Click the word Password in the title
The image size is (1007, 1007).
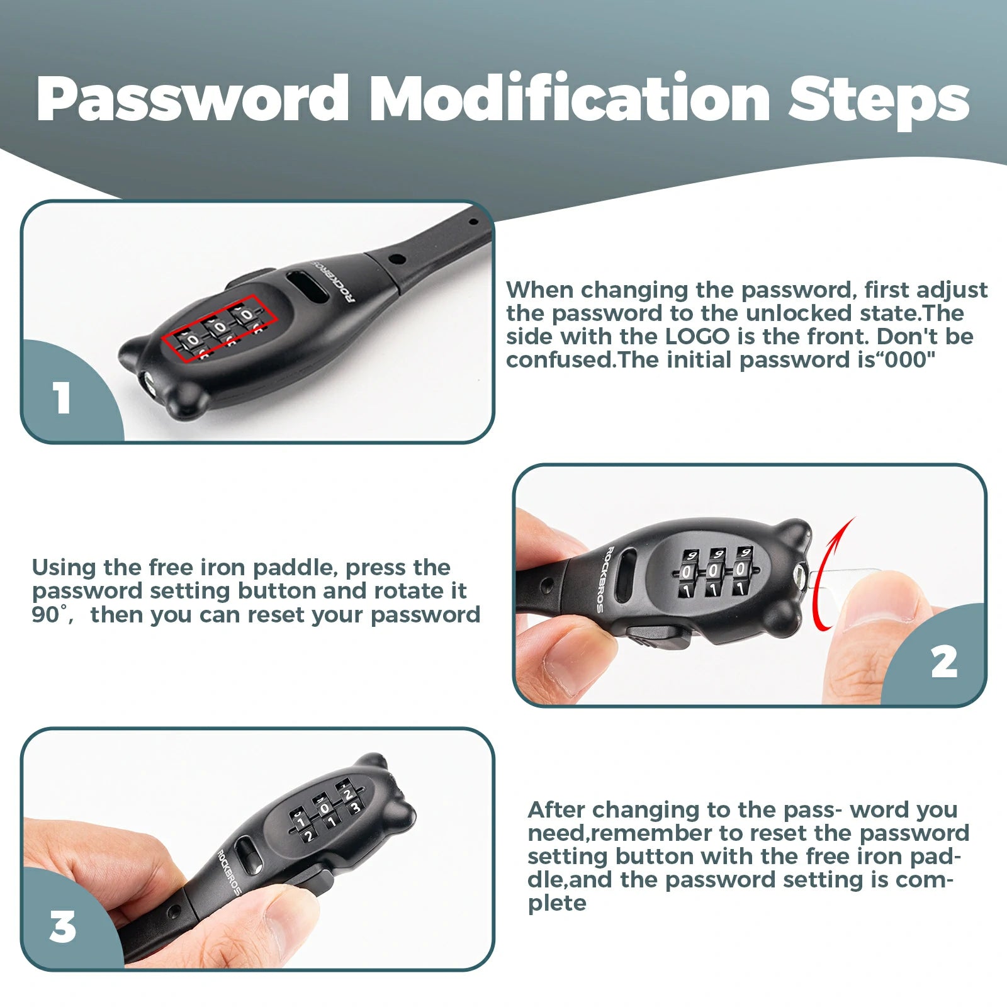pyautogui.click(x=193, y=99)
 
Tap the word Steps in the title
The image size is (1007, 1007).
pyautogui.click(x=879, y=101)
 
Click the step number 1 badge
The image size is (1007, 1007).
pyautogui.click(x=62, y=398)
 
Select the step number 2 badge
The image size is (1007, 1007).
pyautogui.click(x=944, y=662)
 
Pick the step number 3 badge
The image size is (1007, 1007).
pyautogui.click(x=62, y=927)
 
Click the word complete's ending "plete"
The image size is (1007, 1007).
pyautogui.click(x=557, y=904)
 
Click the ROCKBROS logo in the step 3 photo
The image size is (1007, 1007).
pyautogui.click(x=228, y=872)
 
